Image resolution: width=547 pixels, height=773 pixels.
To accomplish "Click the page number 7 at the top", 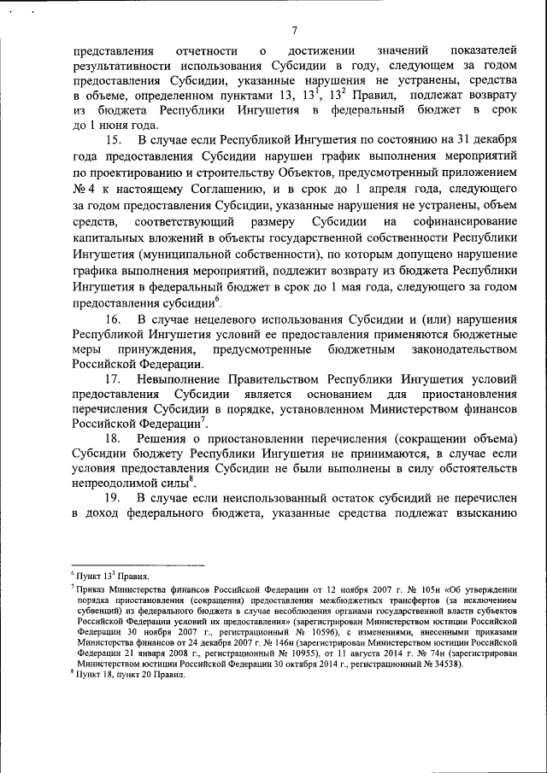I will click(x=293, y=31).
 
